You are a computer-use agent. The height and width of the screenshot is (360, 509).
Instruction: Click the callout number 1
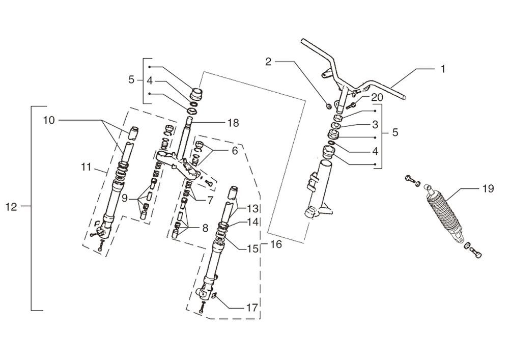(442, 69)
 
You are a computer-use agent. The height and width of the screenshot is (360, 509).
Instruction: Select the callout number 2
(269, 62)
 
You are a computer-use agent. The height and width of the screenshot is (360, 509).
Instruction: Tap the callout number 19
(488, 189)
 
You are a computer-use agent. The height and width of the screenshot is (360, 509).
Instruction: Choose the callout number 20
(377, 97)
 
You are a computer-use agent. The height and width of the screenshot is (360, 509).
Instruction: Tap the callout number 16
(275, 245)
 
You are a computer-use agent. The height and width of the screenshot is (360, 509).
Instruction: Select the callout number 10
(48, 120)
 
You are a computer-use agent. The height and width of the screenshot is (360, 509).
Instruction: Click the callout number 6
(234, 151)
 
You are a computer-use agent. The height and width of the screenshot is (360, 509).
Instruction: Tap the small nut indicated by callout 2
(329, 106)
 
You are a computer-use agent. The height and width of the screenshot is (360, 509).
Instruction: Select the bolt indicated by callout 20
(351, 105)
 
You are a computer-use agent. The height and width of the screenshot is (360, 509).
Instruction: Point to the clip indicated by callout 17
(215, 296)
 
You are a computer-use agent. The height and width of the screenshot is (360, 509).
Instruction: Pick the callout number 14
(252, 221)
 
